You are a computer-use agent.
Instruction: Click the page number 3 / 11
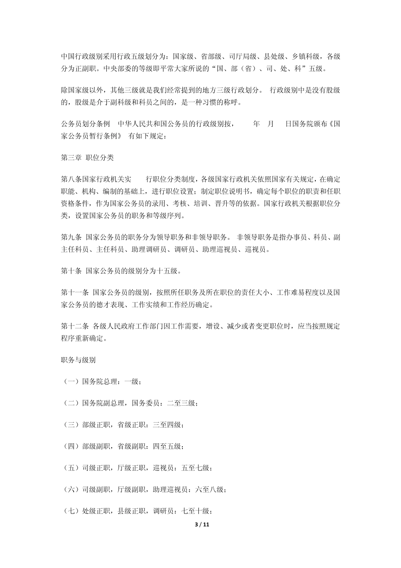click(201, 524)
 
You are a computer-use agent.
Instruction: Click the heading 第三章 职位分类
click(87, 158)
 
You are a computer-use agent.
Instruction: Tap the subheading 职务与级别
click(79, 360)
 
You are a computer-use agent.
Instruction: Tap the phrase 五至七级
click(195, 468)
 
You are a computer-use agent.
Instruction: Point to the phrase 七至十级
click(195, 511)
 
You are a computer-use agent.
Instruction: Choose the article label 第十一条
click(75, 292)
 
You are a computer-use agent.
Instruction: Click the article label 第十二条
click(75, 326)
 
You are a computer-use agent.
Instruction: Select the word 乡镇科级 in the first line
click(306, 56)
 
